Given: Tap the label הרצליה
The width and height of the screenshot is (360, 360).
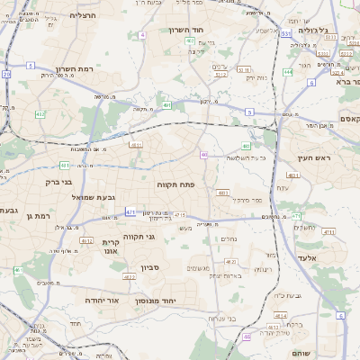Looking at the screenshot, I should tap(84, 15).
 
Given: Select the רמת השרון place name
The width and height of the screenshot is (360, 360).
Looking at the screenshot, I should tap(75, 68).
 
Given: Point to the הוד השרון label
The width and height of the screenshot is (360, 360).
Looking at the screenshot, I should tap(186, 30).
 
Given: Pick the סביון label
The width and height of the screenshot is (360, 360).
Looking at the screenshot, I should tap(148, 267).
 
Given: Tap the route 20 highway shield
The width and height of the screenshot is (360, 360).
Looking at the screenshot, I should tap(6, 75).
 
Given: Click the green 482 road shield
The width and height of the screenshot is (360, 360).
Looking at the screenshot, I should tap(40, 114).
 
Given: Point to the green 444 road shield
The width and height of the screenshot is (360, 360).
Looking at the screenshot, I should tap(287, 72).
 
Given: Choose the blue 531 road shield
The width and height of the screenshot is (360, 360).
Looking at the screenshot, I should tap(284, 33).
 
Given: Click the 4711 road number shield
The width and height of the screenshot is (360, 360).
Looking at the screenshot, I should tap(328, 231).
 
